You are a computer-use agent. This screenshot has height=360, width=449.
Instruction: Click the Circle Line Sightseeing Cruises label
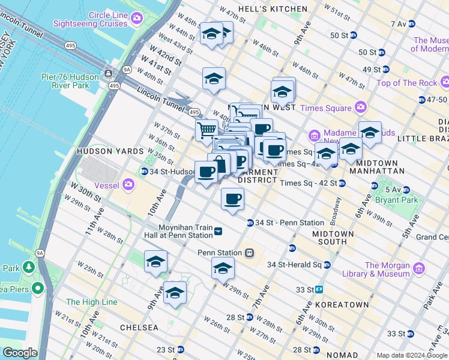coord(90,19)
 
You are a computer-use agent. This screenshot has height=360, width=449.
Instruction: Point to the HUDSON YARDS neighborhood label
coord(106,152)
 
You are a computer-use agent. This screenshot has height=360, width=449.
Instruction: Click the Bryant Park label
coord(394,199)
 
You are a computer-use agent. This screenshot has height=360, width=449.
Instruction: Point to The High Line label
coord(91,302)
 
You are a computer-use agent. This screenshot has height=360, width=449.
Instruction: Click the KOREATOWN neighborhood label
coord(341,305)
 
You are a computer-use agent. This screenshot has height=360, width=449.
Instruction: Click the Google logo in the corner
coord(20,353)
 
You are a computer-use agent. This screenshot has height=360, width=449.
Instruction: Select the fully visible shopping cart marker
coord(206,129)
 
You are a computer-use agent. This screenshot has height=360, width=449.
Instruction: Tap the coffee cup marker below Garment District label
coord(232,198)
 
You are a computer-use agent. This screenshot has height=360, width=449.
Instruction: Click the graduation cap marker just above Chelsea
coord(175,293)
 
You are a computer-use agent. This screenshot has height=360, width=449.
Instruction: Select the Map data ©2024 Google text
coord(411,355)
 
